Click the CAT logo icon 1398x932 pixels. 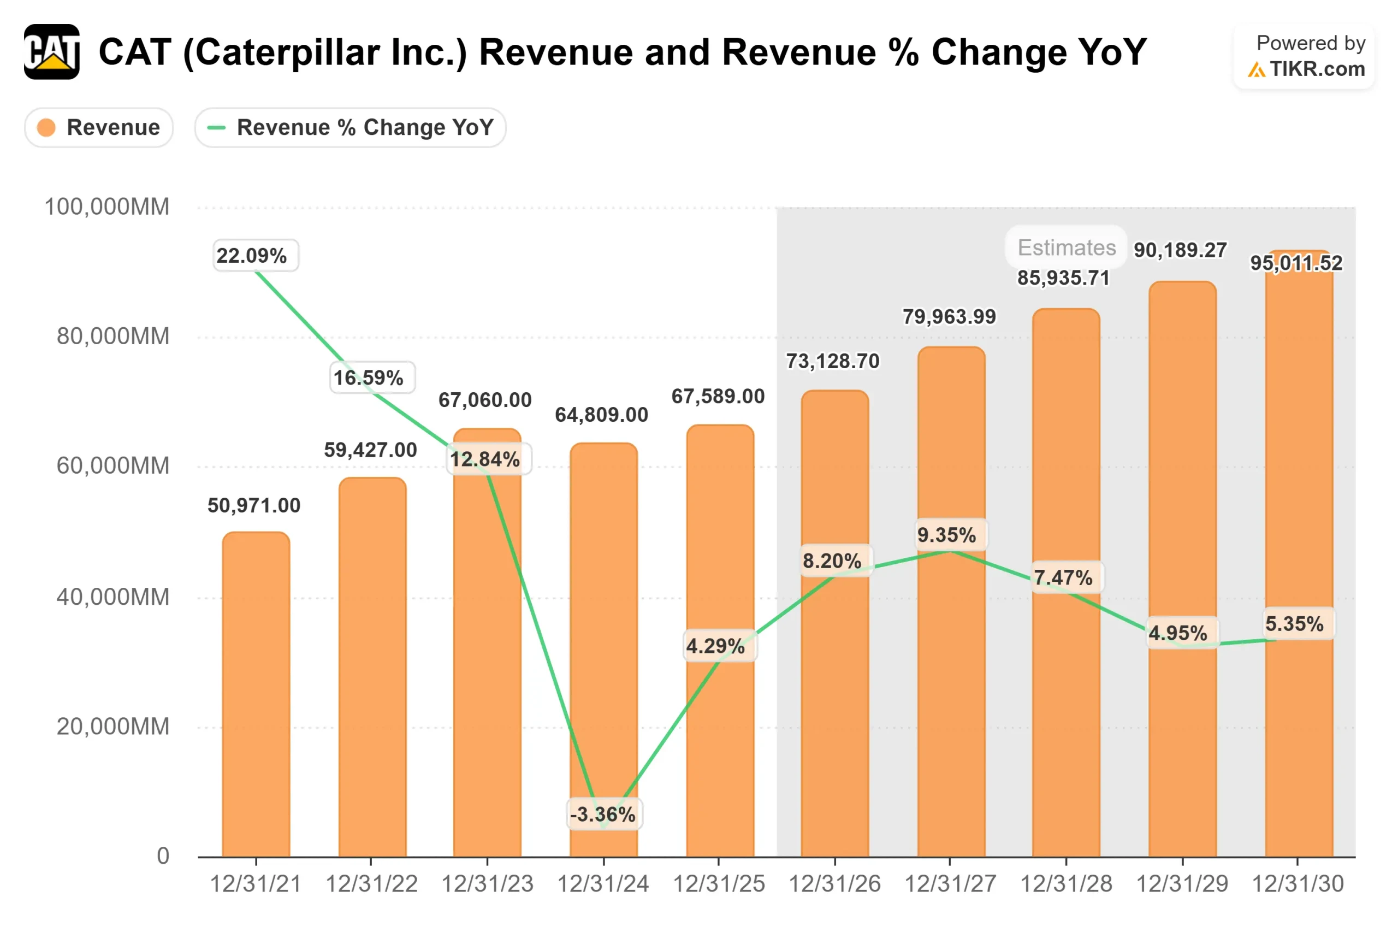(x=52, y=52)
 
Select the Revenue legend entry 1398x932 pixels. (x=99, y=127)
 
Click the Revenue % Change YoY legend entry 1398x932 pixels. (x=350, y=127)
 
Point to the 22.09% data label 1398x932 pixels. (x=256, y=256)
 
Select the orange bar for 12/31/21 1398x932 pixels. (x=256, y=695)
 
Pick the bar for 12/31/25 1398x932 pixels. (x=720, y=642)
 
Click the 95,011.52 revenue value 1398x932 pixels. (x=1296, y=263)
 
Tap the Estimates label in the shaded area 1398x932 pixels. (x=1066, y=247)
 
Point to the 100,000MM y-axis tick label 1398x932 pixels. (x=107, y=207)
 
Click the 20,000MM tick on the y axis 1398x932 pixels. (x=113, y=727)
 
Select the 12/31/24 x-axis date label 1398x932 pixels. (x=603, y=884)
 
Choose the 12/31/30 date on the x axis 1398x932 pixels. (x=1298, y=884)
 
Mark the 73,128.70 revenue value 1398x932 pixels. (x=832, y=361)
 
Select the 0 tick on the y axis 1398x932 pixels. (x=163, y=856)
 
